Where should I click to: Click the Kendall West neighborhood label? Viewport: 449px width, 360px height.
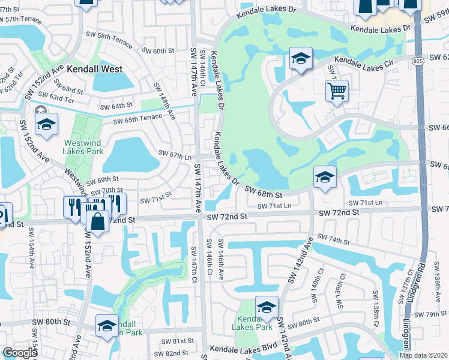[95, 69]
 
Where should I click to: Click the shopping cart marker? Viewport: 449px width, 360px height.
[337, 91]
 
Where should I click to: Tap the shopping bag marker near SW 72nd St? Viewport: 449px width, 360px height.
[97, 221]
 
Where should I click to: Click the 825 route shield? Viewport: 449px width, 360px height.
[419, 61]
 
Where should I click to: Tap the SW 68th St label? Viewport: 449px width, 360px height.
[264, 192]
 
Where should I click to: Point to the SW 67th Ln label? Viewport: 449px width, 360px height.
[174, 155]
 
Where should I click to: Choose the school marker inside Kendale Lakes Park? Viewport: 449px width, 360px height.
[267, 307]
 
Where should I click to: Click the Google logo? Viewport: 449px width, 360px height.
[20, 353]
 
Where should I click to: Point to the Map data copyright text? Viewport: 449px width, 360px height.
[423, 355]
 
